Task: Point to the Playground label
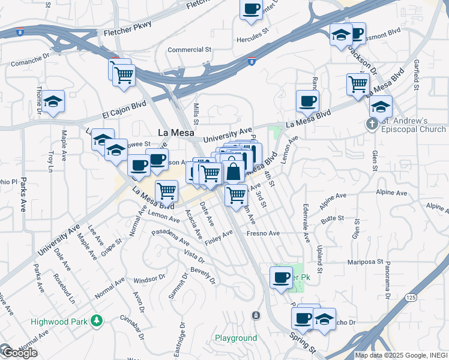click(x=236, y=338)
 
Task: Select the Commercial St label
click(x=190, y=50)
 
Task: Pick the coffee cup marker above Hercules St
click(x=252, y=10)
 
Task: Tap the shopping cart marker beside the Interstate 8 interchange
click(x=124, y=76)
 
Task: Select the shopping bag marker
click(x=234, y=172)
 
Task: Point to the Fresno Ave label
click(x=263, y=233)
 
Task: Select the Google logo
click(x=19, y=353)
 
